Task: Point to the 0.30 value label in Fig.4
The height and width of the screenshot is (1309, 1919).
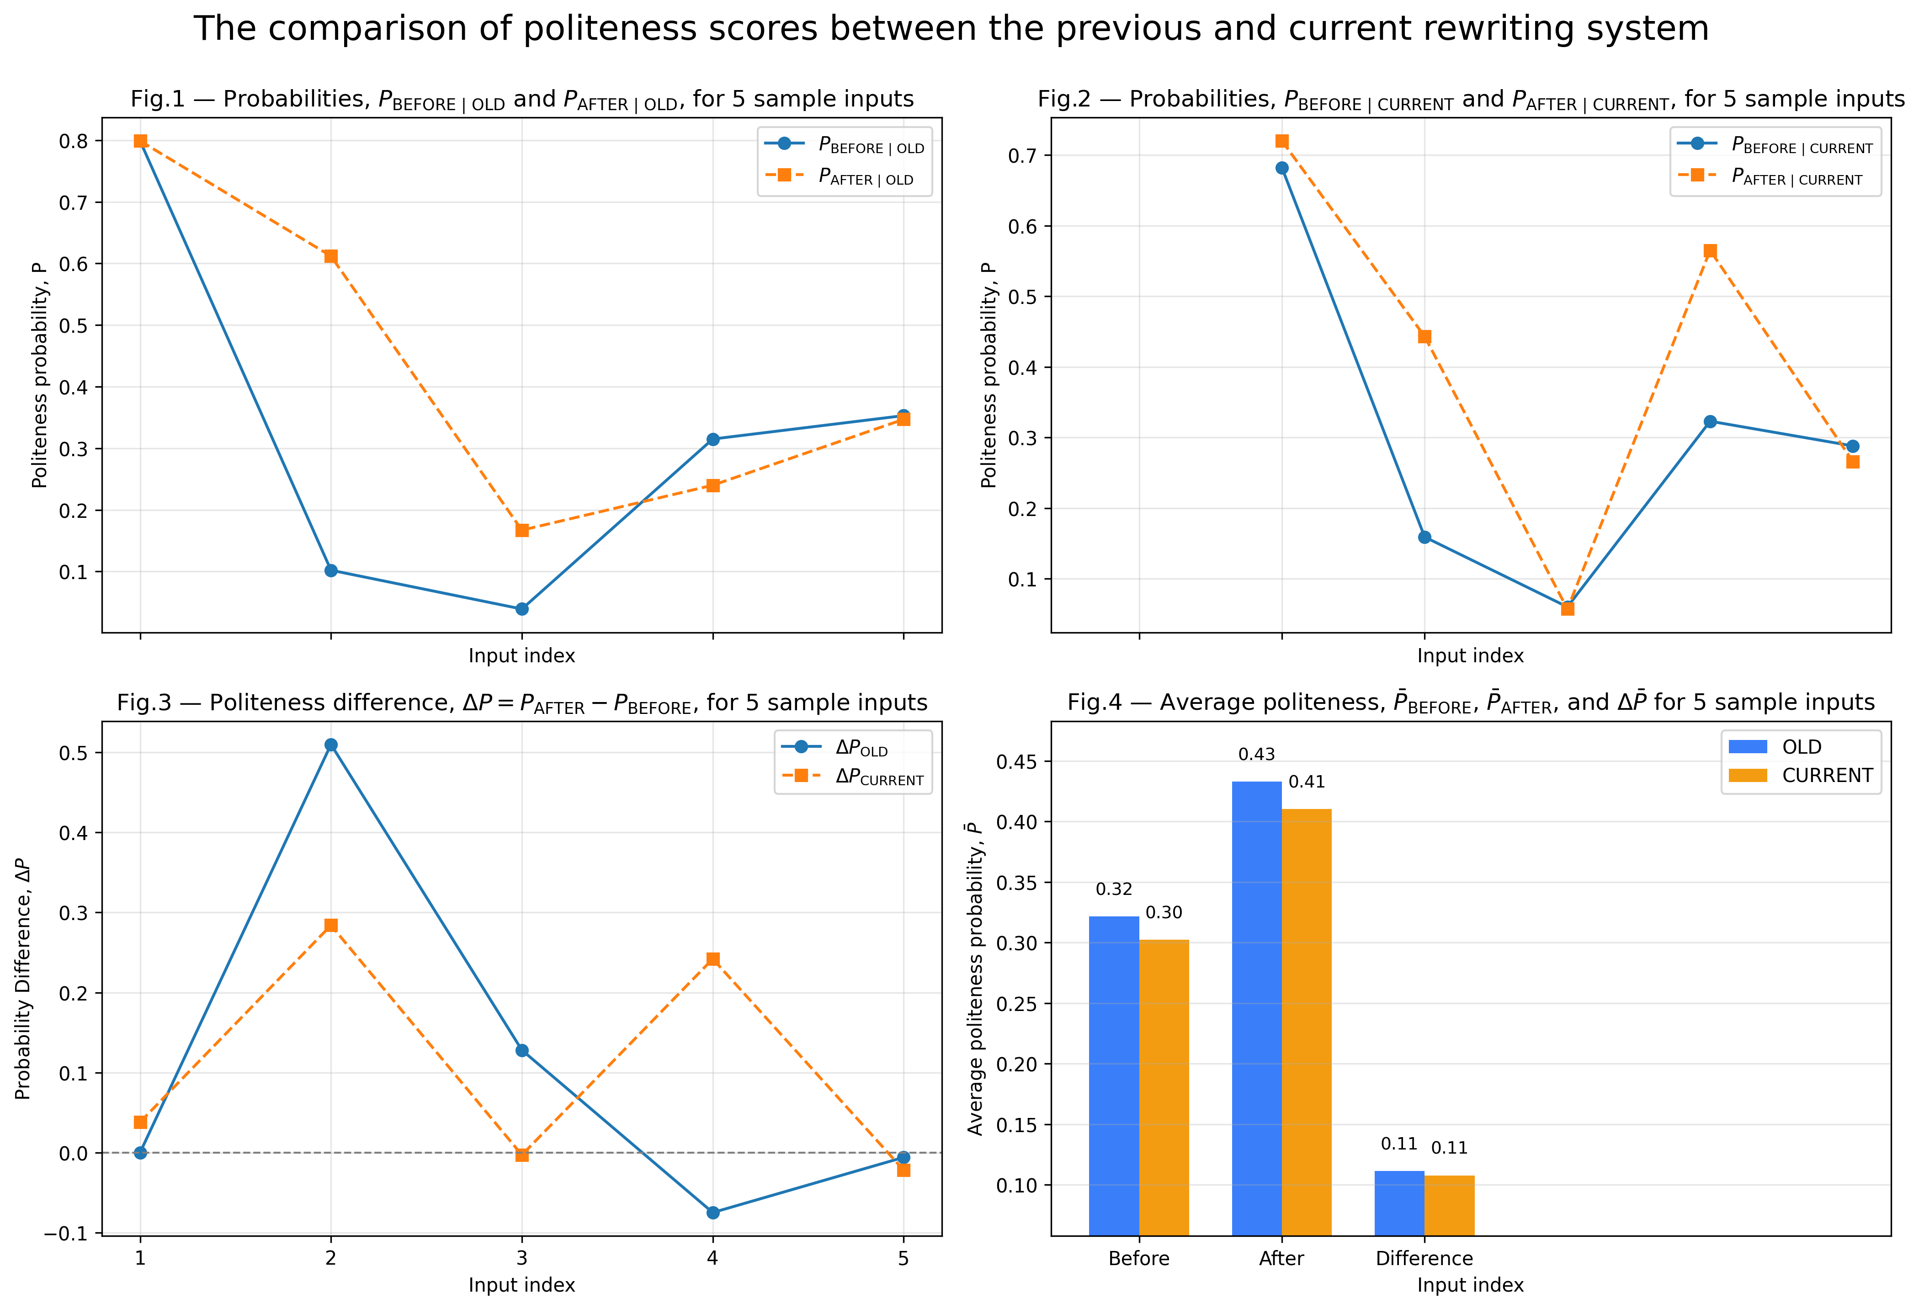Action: tap(1164, 913)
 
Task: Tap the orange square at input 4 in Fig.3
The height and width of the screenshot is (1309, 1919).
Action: tap(712, 959)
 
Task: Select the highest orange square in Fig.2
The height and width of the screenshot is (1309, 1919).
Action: tap(1281, 141)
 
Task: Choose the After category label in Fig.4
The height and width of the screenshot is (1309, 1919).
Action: tap(1281, 1259)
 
